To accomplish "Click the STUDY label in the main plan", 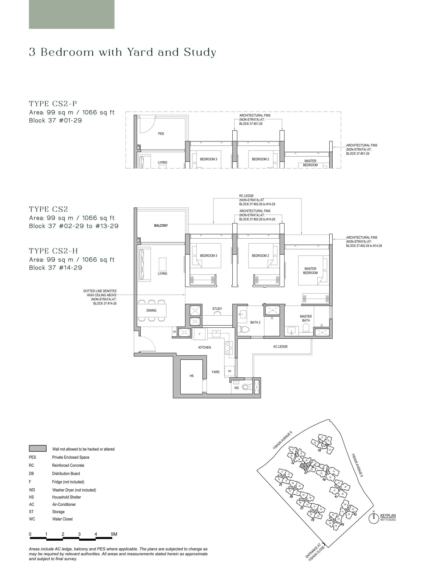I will click(x=217, y=308).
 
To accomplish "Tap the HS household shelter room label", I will click(x=191, y=376).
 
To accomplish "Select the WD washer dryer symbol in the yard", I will click(x=229, y=371).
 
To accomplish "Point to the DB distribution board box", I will click(x=174, y=332).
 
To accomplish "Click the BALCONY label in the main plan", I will click(x=161, y=225).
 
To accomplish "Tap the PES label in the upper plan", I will click(x=161, y=134).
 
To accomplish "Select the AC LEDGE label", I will click(x=280, y=346).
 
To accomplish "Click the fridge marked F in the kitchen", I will click(x=200, y=334).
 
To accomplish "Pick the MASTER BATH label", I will click(x=306, y=318).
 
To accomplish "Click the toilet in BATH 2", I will click(x=244, y=329).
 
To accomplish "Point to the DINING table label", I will click(x=151, y=310).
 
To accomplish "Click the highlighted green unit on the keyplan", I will click(x=304, y=467).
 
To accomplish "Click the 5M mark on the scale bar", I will click(x=114, y=534).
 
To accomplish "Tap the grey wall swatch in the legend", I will click(x=38, y=448).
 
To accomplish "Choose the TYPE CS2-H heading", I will click(x=53, y=251).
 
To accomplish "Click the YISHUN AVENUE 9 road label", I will click(x=282, y=440).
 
